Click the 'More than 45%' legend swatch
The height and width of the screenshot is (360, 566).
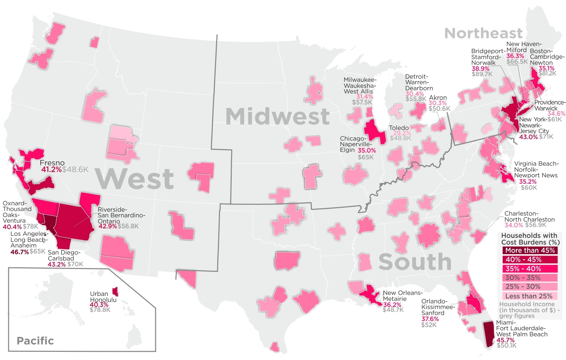530,250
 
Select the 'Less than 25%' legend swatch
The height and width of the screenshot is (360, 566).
530,296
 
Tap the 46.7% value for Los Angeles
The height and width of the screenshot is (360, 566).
19,252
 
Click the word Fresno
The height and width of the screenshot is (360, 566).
52,163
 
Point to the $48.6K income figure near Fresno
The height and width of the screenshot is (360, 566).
75,170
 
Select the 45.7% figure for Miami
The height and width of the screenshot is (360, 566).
505,340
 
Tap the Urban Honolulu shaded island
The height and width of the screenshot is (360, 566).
115,292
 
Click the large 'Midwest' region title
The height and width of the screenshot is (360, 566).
277,116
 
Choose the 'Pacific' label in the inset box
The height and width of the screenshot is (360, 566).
35,341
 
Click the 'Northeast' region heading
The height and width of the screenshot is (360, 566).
483,33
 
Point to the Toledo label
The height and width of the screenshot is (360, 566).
399,128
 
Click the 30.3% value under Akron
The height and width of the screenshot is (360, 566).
437,103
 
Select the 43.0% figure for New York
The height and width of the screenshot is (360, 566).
528,137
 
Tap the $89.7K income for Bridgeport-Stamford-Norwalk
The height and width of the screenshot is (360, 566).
482,74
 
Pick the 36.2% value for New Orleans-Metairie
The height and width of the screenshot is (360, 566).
392,304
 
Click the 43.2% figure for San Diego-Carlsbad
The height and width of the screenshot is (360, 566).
57,264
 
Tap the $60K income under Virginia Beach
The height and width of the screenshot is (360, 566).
529,187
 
